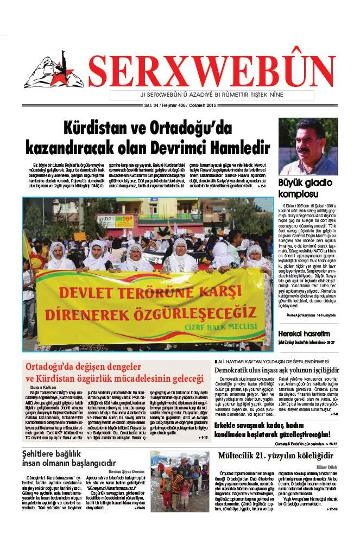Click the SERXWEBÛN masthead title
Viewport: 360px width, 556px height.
pos(212,72)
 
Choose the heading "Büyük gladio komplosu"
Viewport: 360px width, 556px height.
pos(305,188)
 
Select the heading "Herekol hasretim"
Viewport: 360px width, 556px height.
pos(304,333)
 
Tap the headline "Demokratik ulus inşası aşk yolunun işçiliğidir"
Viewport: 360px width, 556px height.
pos(276,370)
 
